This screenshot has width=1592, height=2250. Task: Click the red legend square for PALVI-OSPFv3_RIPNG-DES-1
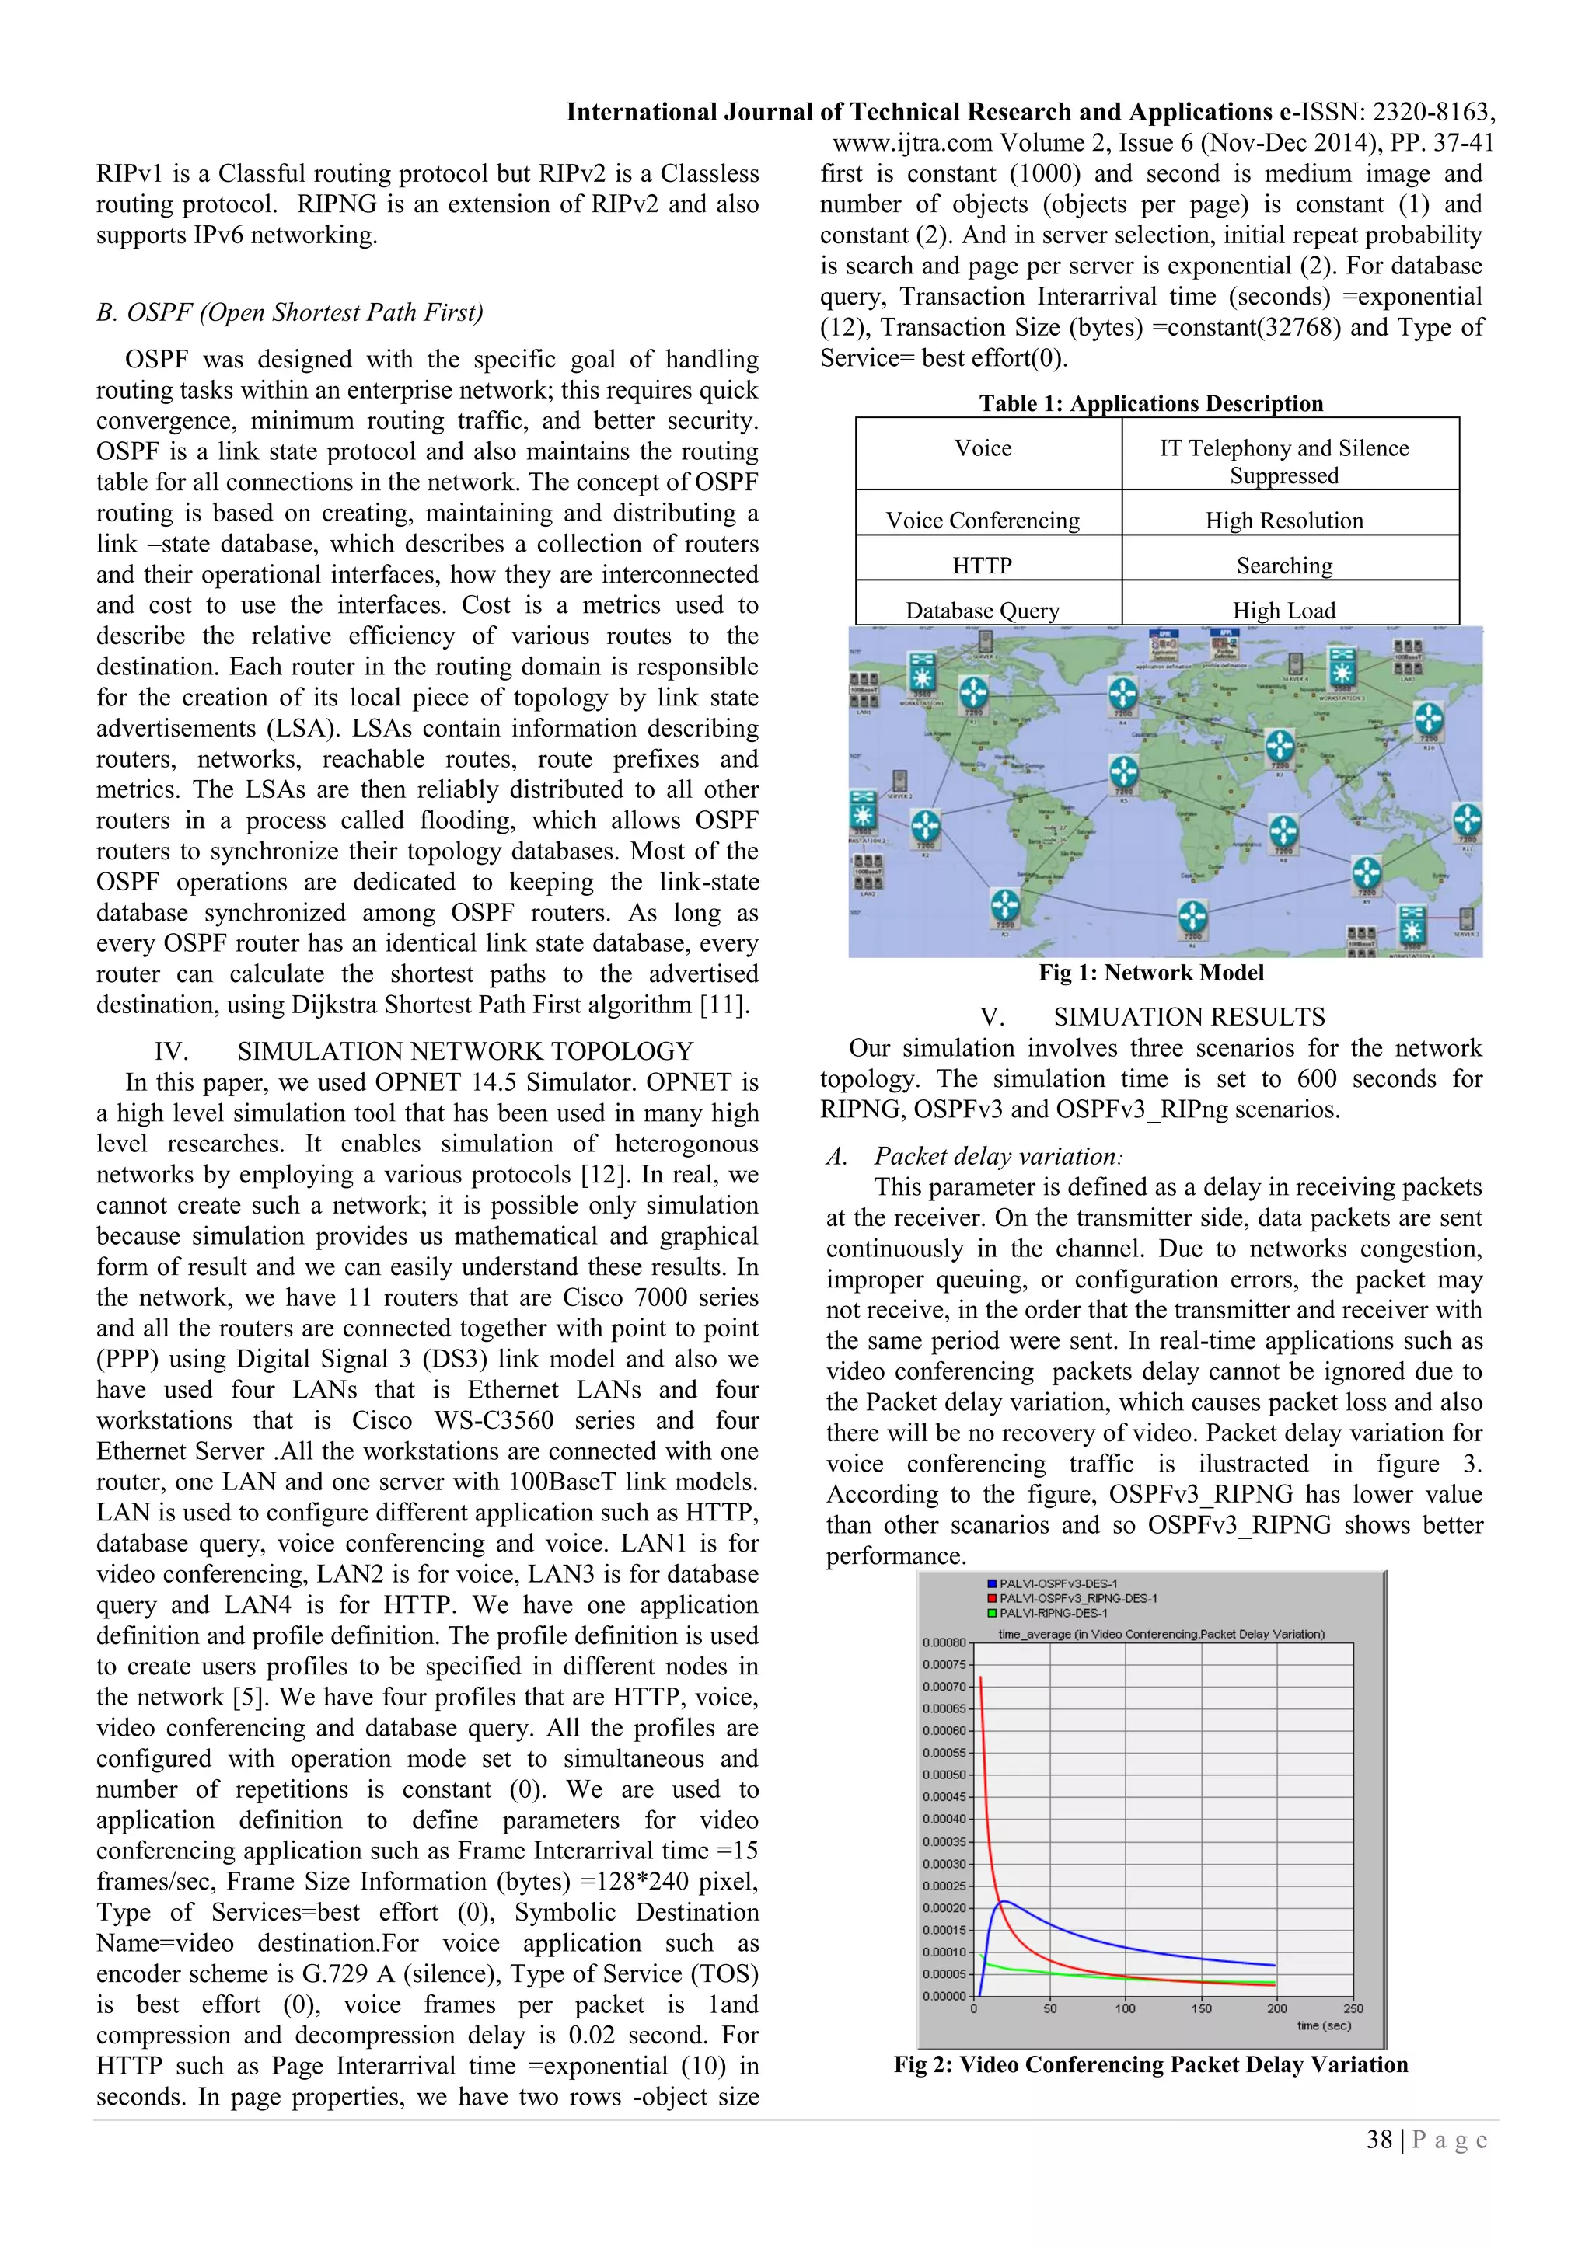click(992, 1598)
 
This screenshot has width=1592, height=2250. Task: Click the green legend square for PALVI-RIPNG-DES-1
click(992, 1613)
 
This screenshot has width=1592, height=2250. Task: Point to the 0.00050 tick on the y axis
click(944, 1775)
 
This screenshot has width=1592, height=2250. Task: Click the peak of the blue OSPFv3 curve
click(1003, 1901)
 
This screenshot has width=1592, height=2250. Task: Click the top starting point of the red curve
click(980, 1677)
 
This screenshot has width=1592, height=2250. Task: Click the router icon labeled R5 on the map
click(1123, 771)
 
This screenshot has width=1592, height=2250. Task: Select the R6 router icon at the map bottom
click(1192, 918)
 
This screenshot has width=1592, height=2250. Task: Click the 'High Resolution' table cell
click(1283, 521)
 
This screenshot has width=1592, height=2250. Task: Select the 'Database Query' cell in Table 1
click(983, 611)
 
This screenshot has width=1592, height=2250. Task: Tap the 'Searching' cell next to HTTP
click(1283, 566)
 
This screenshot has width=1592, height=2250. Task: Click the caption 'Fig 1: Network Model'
click(1151, 972)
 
